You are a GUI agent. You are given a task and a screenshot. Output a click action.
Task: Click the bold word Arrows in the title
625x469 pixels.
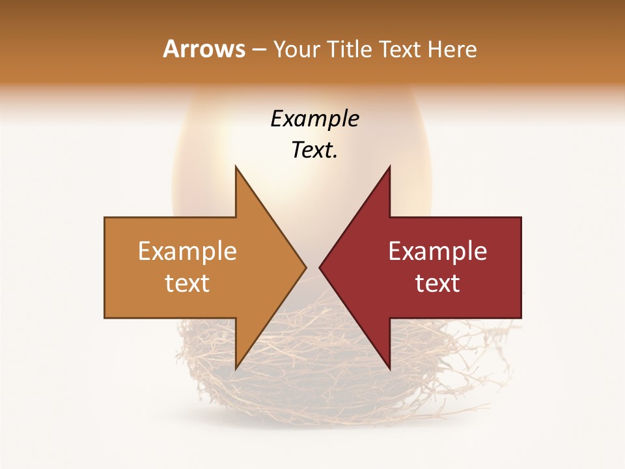tap(204, 49)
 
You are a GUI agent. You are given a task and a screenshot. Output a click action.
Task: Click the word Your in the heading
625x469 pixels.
tap(296, 50)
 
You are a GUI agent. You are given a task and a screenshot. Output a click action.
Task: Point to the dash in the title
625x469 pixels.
tap(258, 50)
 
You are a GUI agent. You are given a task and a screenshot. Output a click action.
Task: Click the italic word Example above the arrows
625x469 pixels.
tap(314, 119)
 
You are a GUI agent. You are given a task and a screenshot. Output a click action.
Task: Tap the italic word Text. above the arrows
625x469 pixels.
tap(314, 150)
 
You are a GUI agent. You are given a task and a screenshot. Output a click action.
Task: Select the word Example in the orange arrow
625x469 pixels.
tap(187, 251)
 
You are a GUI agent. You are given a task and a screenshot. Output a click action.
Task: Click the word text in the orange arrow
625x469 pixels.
tap(187, 283)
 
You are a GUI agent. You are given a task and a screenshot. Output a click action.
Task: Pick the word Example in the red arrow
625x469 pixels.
tap(437, 251)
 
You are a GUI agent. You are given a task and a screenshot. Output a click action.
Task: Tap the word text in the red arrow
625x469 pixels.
tap(437, 283)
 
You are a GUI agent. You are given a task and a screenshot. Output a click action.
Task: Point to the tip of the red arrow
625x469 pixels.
tap(320, 267)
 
